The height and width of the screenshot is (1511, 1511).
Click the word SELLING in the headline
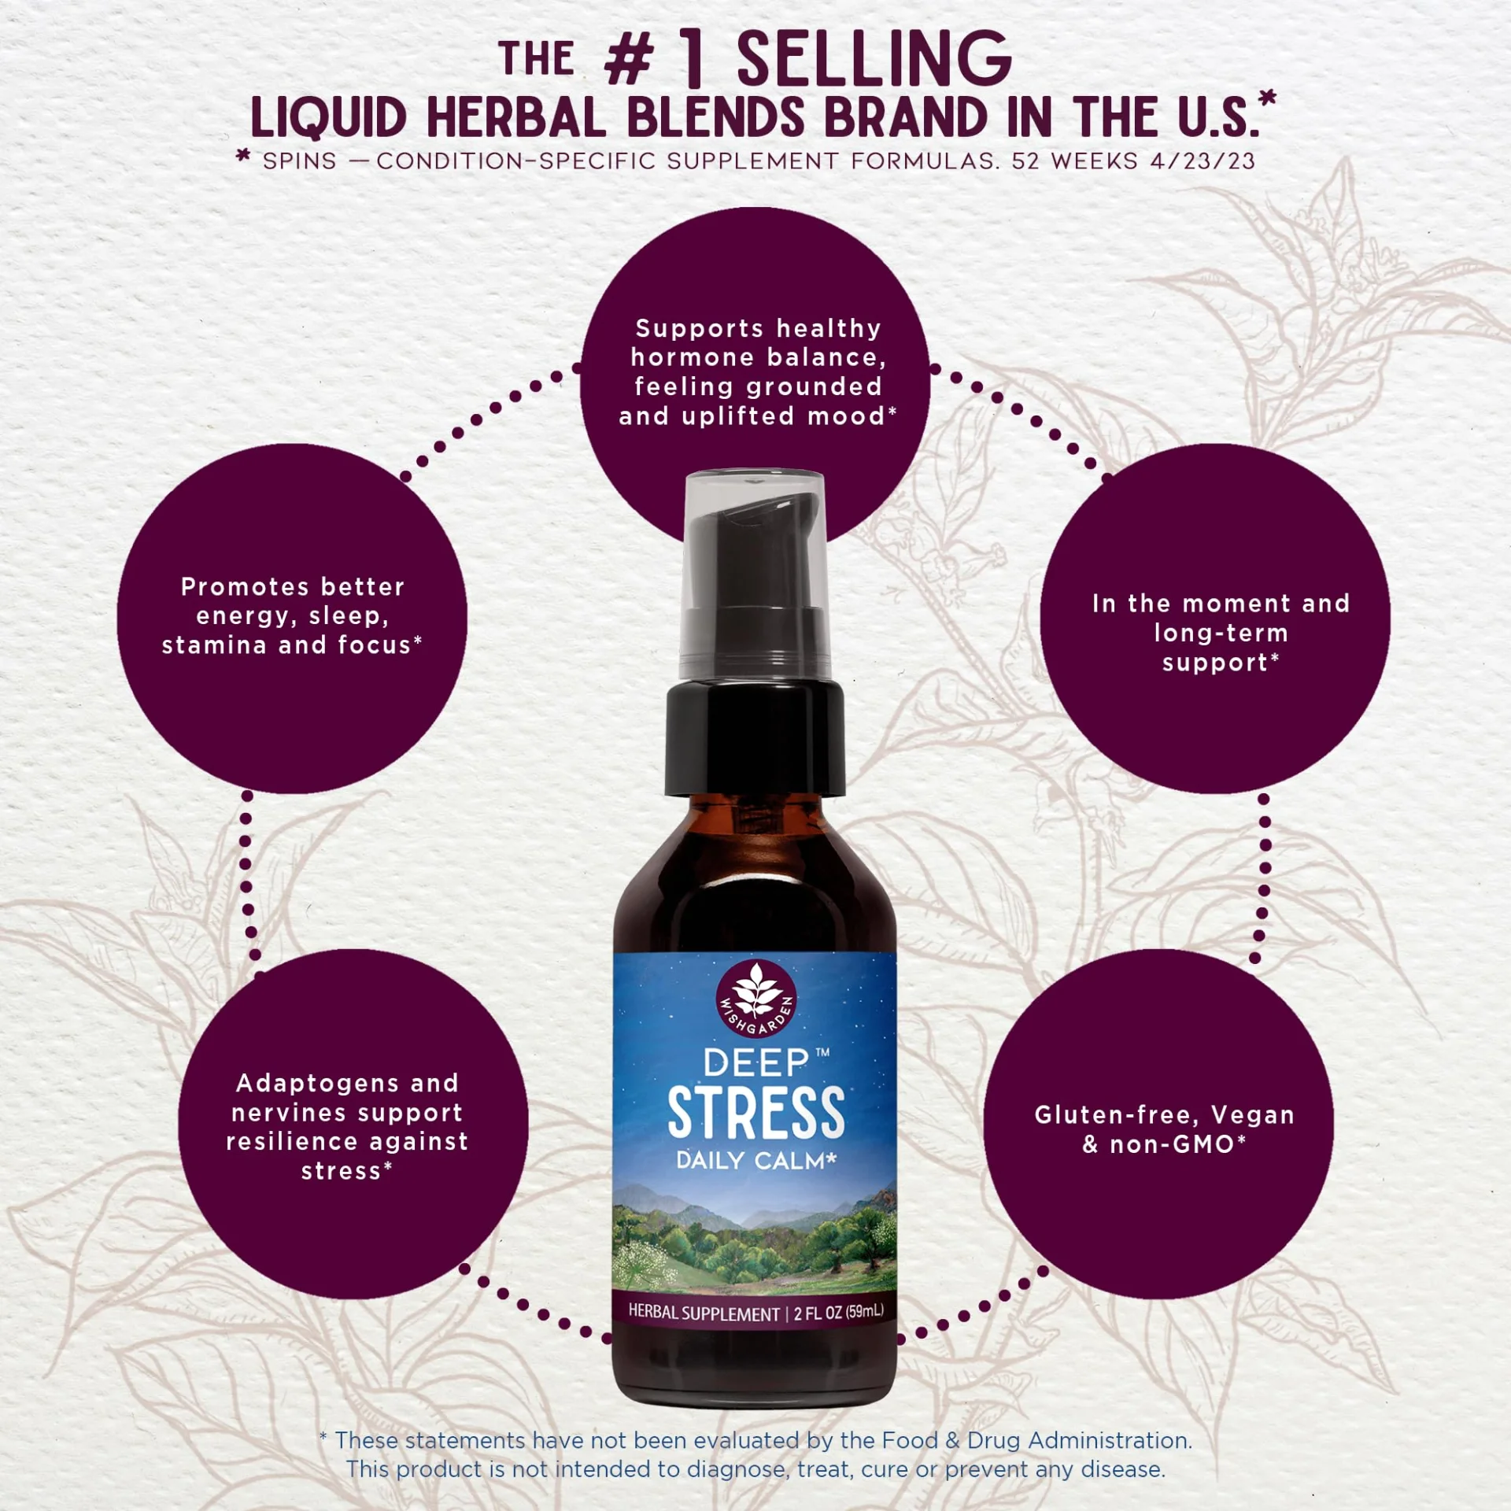[x=874, y=58]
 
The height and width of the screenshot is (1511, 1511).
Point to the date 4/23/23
[x=1202, y=161]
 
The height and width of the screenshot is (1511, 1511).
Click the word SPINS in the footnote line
[x=299, y=161]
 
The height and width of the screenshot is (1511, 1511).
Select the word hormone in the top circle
[x=693, y=357]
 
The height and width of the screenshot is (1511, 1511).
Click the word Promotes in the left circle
[x=246, y=586]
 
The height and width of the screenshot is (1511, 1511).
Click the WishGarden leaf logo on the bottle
[x=756, y=1000]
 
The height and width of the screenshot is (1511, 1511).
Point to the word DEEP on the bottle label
[x=755, y=1063]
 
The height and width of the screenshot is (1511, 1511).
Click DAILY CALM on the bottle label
[x=755, y=1161]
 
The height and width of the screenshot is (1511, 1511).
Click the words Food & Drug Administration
[x=1036, y=1440]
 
